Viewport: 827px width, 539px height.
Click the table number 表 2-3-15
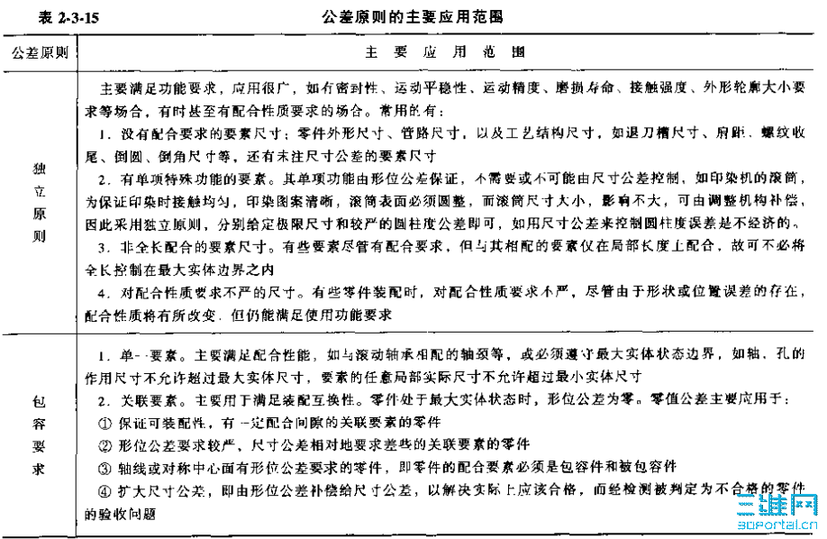coord(37,15)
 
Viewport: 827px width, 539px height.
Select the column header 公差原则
coord(40,51)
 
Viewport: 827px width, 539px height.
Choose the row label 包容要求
coord(40,434)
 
